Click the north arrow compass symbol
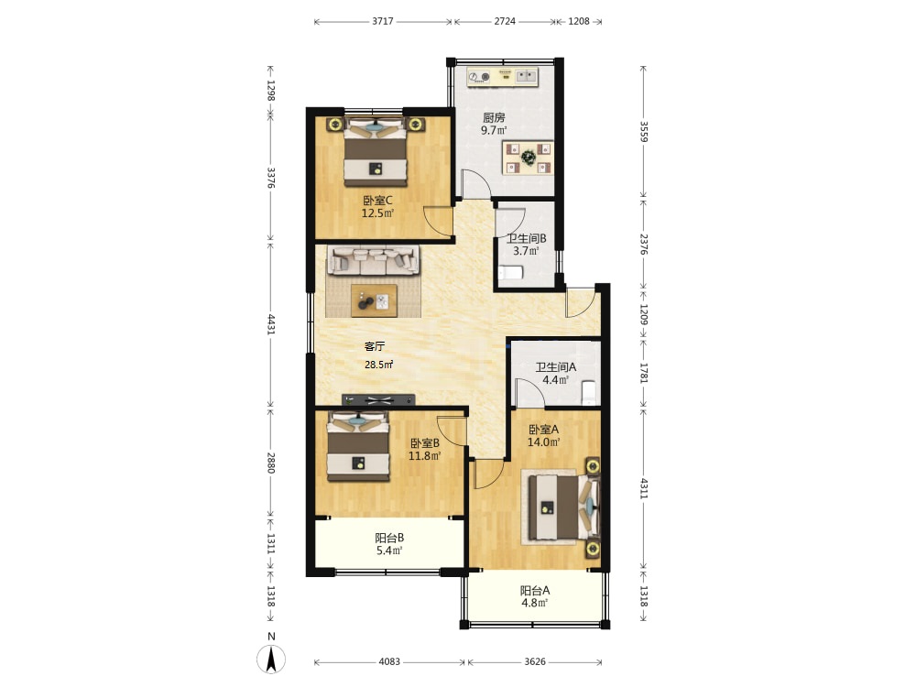(271, 659)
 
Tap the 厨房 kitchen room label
(494, 117)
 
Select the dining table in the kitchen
(529, 158)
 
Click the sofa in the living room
(374, 260)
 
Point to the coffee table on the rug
(374, 300)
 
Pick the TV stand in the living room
(378, 400)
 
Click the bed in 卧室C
(375, 152)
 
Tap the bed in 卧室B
(358, 447)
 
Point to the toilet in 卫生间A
(589, 393)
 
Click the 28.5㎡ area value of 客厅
(378, 365)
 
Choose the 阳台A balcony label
(535, 590)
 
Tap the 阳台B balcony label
(389, 538)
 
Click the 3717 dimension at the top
(383, 22)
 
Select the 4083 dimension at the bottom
(389, 662)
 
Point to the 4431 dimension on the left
(271, 324)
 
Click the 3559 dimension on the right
(644, 131)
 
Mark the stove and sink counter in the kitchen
(502, 77)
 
